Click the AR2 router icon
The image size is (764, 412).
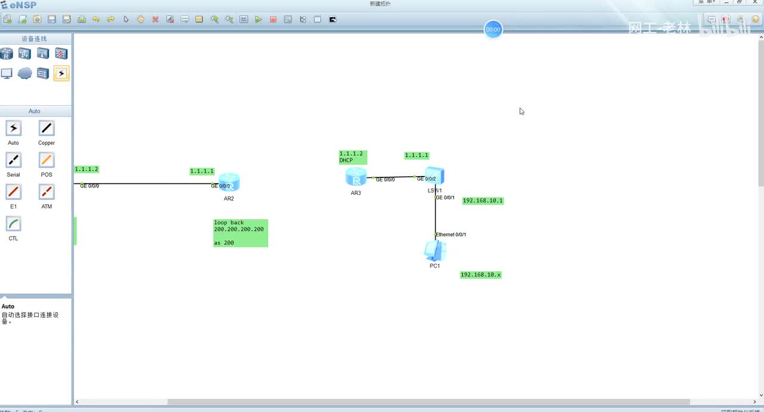[x=229, y=182]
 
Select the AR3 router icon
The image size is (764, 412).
[x=356, y=177]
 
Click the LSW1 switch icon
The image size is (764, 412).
[x=435, y=176]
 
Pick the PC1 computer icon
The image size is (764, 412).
[x=435, y=251]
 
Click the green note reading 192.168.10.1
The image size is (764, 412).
[x=483, y=201]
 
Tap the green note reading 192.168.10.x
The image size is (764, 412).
[x=480, y=275]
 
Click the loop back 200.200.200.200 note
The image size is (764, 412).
[x=240, y=233]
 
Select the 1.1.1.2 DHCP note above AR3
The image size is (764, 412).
[x=353, y=157]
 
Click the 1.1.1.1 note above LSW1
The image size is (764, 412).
[x=416, y=155]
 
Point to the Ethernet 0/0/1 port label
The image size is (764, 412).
[x=451, y=235]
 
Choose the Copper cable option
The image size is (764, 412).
[x=47, y=128]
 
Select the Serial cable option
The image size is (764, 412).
[x=13, y=160]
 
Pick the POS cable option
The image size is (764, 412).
[x=47, y=160]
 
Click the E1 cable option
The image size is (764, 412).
[x=13, y=192]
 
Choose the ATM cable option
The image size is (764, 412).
[x=47, y=192]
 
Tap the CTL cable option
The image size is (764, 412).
[x=13, y=224]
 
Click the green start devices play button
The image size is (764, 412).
[x=258, y=19]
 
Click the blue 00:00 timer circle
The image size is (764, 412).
[x=493, y=29]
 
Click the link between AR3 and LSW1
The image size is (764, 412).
[x=394, y=177]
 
